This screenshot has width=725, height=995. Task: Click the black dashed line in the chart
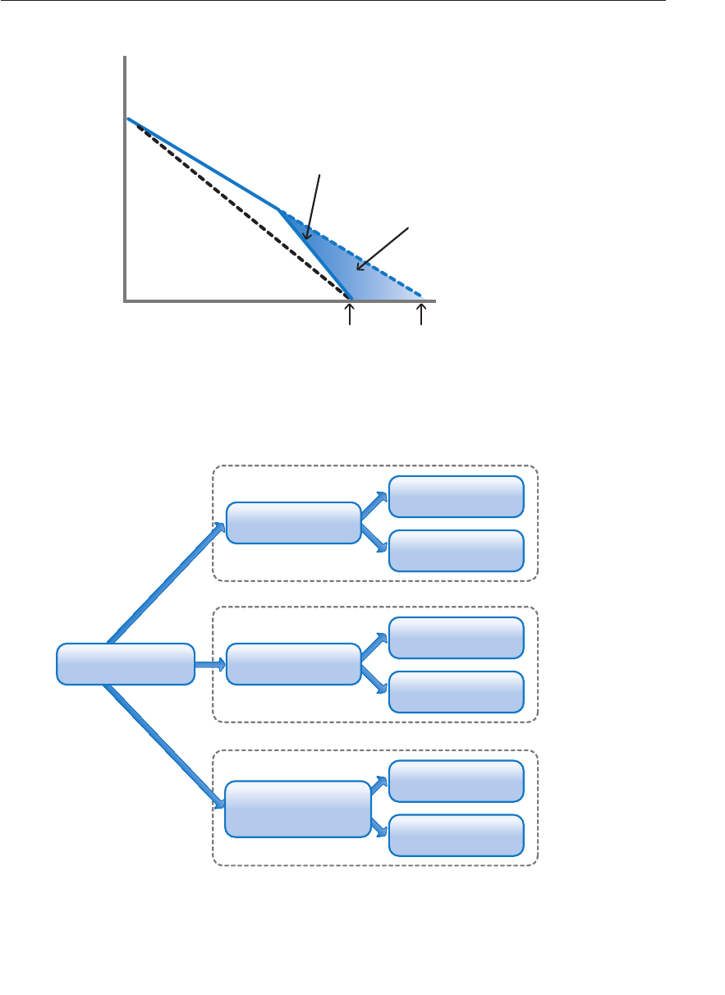tap(238, 205)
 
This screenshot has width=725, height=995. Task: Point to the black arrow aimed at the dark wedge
tap(316, 205)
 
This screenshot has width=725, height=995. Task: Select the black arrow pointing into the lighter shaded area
tap(382, 247)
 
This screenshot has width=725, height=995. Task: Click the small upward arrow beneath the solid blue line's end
tap(351, 314)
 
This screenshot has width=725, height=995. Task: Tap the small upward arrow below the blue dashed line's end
tap(422, 314)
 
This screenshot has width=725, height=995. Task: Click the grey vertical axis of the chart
tap(125, 181)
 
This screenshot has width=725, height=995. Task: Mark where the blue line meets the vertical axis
tap(128, 120)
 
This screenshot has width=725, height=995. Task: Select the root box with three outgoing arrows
tap(125, 664)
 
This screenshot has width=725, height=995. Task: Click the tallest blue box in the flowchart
tap(297, 809)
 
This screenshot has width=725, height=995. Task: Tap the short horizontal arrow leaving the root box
tap(209, 664)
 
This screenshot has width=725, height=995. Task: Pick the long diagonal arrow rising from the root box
tap(164, 584)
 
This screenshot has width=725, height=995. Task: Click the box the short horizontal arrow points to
tap(293, 664)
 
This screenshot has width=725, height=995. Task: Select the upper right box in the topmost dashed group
tap(456, 497)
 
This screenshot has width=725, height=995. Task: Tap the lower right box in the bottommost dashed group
tap(456, 835)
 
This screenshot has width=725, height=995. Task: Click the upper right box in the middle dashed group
tap(456, 638)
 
